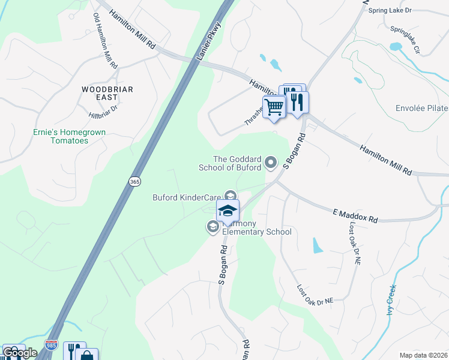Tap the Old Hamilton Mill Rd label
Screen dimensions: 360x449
coord(106,41)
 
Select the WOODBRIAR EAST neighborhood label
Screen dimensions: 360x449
coord(107,94)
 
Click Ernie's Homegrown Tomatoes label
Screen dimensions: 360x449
coord(61,136)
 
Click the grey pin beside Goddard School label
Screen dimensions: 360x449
coord(271,162)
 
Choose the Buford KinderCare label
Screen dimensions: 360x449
coord(186,196)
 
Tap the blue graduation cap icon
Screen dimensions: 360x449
coord(228,211)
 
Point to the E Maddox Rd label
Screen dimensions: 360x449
coord(355,216)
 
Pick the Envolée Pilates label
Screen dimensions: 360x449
coord(421,109)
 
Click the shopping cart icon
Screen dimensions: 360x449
coord(274,107)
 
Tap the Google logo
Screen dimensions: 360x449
coord(19,353)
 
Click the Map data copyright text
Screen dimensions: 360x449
coord(423,355)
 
